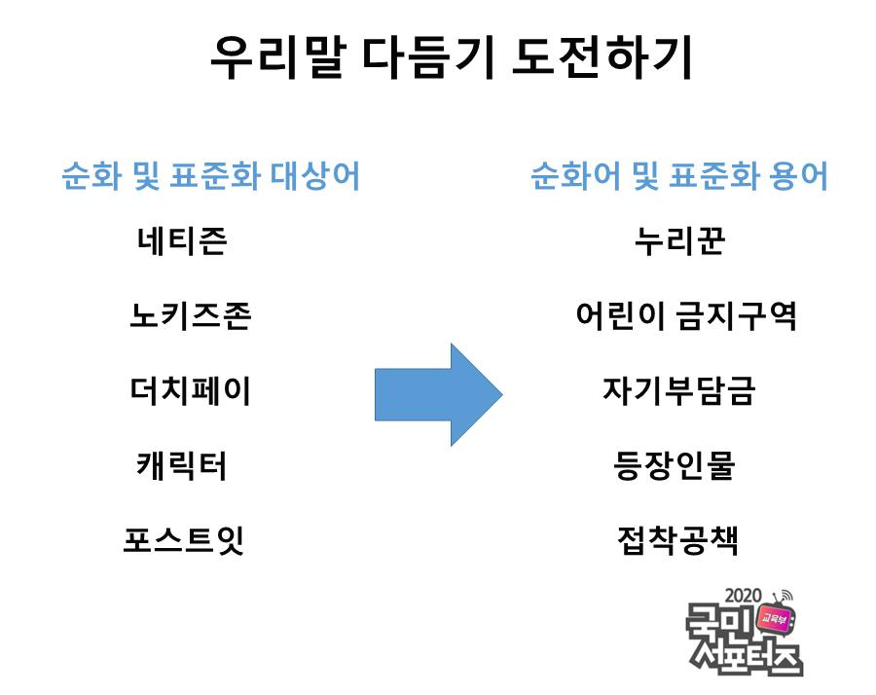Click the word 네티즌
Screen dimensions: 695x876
click(x=182, y=240)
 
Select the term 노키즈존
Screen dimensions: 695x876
click(x=190, y=316)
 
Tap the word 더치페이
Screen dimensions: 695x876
click(x=190, y=391)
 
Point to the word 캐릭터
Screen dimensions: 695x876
click(x=182, y=465)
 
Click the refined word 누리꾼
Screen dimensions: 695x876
click(x=678, y=240)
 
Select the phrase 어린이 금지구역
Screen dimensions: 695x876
click(x=686, y=316)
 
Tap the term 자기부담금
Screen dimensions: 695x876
click(x=678, y=391)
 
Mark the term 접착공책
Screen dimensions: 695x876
click(x=678, y=539)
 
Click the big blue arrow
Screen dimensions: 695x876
click(x=438, y=394)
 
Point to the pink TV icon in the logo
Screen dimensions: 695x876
click(x=778, y=612)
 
